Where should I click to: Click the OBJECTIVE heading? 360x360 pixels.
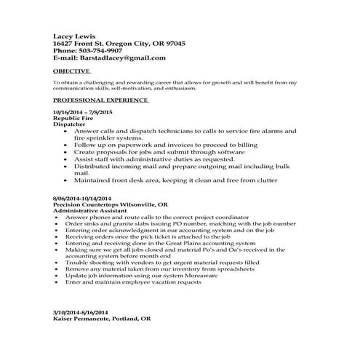pos(71,71)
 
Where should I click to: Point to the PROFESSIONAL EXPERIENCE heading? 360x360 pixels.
pos(100,100)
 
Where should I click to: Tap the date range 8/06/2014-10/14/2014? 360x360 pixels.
pos(82,198)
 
